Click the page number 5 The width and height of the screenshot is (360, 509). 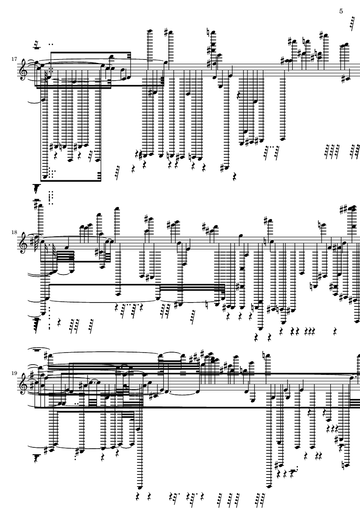pyautogui.click(x=341, y=11)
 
